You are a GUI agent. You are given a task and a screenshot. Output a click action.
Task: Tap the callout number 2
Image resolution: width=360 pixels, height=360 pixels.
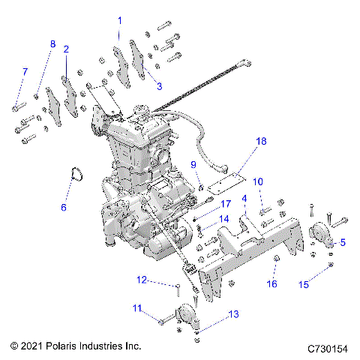[66, 49]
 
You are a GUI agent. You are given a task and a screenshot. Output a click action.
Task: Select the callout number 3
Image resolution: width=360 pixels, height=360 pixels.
[159, 86]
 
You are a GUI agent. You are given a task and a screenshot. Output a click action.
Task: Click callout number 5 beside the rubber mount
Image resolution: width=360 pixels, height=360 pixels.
[343, 241]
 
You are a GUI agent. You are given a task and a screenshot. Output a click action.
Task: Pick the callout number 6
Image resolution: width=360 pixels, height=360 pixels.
[64, 207]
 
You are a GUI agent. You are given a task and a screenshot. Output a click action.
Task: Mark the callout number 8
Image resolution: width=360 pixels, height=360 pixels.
[52, 44]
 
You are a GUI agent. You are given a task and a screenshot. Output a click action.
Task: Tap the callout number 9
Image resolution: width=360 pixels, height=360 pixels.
[193, 164]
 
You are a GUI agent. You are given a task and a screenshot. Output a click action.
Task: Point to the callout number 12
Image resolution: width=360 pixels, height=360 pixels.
[141, 280]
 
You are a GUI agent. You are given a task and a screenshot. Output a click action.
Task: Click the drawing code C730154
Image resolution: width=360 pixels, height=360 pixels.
[330, 349]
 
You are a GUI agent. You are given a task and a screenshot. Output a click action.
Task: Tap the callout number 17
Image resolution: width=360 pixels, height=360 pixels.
[225, 204]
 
